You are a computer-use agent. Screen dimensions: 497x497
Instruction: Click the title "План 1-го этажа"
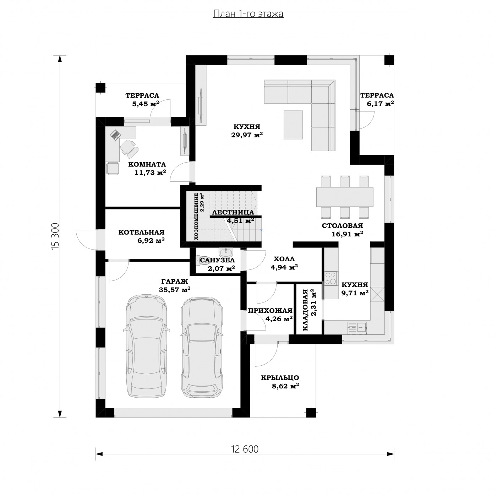point(248,13)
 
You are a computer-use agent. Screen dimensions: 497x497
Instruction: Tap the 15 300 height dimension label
point(55,236)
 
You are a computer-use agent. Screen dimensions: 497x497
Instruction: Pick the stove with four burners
point(331,278)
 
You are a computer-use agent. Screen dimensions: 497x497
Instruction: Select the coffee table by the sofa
point(293,125)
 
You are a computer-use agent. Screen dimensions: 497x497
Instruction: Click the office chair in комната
point(129,148)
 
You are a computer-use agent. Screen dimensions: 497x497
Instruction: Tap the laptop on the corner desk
point(115,135)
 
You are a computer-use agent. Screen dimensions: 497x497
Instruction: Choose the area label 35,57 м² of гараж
point(175,289)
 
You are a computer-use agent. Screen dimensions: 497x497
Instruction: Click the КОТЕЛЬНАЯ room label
point(141,233)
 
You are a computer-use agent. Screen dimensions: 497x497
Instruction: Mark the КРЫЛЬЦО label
point(280,378)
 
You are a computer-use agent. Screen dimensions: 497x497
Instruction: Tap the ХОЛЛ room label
point(284,259)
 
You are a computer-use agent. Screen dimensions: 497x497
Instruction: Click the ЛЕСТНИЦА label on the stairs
point(233,212)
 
